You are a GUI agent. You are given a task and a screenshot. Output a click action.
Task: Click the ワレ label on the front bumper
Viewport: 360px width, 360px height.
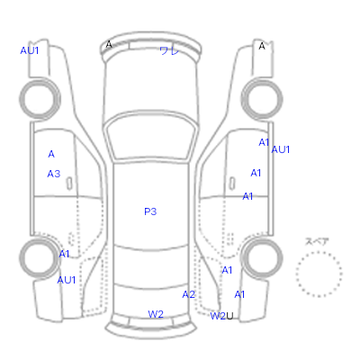coord(169,51)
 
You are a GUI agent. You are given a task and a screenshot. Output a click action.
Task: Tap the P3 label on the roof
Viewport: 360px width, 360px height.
coord(150,211)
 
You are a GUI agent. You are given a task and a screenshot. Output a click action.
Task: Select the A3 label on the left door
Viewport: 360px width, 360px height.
coord(54,174)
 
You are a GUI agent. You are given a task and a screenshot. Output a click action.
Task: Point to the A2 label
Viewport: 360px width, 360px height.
coord(189,294)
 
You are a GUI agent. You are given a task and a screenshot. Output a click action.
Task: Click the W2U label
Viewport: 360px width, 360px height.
coord(221,316)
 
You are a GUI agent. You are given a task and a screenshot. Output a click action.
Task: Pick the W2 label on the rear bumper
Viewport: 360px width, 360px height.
coord(156,314)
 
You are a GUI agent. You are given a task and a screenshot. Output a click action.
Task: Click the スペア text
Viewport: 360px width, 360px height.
coord(317,241)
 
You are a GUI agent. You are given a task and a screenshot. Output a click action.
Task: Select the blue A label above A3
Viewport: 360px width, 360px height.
coord(51,154)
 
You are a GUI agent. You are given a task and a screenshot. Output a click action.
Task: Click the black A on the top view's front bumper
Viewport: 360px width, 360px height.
coord(109,45)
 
